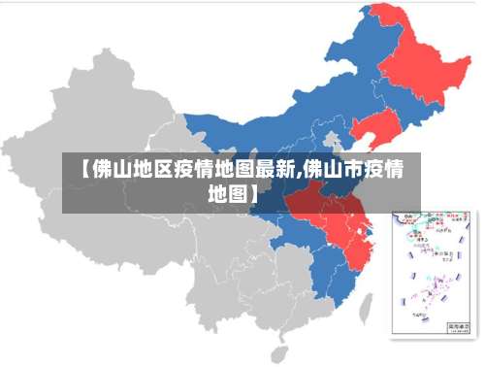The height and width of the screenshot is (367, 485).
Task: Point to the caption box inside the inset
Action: coord(454,325)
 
